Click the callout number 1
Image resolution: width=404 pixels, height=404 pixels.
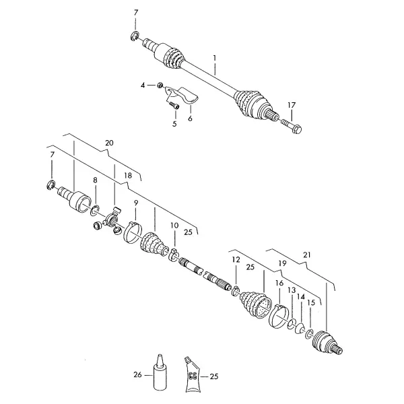214,58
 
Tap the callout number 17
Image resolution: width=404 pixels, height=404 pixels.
292,106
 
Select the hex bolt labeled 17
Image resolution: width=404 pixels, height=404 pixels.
292,125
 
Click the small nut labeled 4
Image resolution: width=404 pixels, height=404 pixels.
160,85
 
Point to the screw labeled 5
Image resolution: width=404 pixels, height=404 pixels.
174,106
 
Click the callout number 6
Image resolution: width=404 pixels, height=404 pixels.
190,119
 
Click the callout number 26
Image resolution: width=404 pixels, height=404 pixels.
137,374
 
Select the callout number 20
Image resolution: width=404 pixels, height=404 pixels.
109,143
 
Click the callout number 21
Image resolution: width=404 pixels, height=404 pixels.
307,255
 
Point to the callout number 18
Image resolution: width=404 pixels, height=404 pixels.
128,176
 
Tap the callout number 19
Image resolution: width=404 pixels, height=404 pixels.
282,263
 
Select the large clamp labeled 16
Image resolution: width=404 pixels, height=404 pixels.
278,316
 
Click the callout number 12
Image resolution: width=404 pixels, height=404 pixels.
236,259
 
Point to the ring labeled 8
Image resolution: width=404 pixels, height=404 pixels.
95,210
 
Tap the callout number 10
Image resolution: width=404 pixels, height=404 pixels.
174,226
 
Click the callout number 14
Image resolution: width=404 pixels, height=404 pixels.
301,297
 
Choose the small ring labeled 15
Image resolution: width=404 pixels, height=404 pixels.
308,334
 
